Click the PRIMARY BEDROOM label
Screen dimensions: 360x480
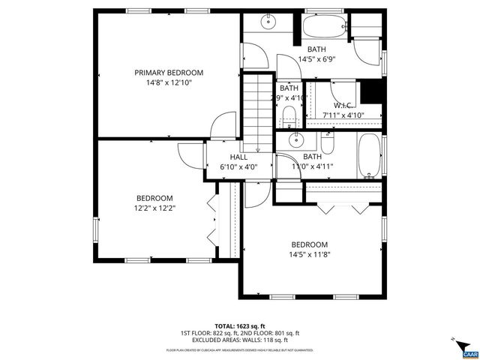pos(169,73)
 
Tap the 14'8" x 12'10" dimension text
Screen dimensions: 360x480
pos(169,83)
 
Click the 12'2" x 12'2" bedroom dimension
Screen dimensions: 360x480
pos(154,208)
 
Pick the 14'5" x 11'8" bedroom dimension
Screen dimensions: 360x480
pos(310,254)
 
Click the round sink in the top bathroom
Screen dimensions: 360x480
pos(267,23)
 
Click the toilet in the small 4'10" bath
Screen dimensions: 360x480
pos(288,116)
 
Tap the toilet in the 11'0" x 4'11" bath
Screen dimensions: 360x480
pos(328,141)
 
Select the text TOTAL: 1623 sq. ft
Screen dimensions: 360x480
pos(239,325)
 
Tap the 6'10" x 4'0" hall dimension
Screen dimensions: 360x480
pos(238,167)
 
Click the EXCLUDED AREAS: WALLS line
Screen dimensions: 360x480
pos(239,340)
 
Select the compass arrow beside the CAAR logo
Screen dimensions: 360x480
pos(454,343)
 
